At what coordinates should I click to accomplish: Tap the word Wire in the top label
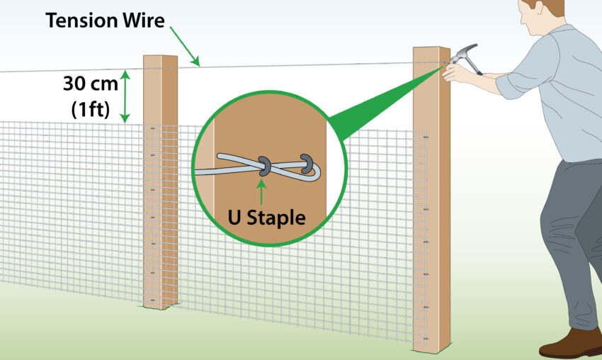142,21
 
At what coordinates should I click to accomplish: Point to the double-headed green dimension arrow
125,96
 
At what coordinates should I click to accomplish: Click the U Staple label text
266,218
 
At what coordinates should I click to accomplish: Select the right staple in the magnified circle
307,162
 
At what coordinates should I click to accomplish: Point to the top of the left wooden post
160,59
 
